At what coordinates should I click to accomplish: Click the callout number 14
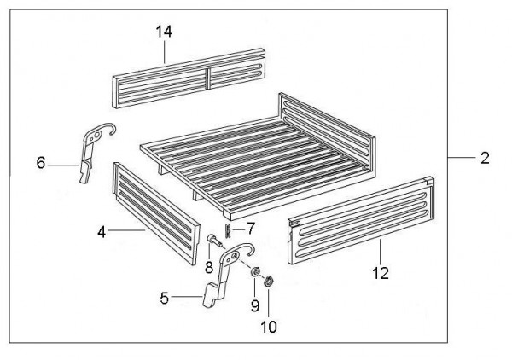coord(164,32)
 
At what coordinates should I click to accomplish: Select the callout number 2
coord(486,158)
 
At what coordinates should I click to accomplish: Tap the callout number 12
coord(381,273)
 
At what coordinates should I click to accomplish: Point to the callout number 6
coord(40,163)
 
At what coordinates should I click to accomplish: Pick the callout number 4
coord(102,232)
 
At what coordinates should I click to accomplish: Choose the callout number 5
coord(164,298)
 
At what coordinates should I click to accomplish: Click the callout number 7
coord(250,229)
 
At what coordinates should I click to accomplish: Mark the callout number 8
coord(209,268)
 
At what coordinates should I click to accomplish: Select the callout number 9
coord(255,305)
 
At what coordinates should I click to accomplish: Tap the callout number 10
coord(269,327)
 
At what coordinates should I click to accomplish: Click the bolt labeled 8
coord(215,241)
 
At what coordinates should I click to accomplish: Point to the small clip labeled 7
coord(228,231)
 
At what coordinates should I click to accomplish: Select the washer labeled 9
coord(254,271)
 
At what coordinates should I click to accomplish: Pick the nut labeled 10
coord(269,282)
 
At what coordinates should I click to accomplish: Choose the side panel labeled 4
coord(156,212)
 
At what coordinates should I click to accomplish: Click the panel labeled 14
coord(189,78)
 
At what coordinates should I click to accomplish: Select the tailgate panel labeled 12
coord(361,220)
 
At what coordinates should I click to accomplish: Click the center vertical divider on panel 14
coord(207,78)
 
